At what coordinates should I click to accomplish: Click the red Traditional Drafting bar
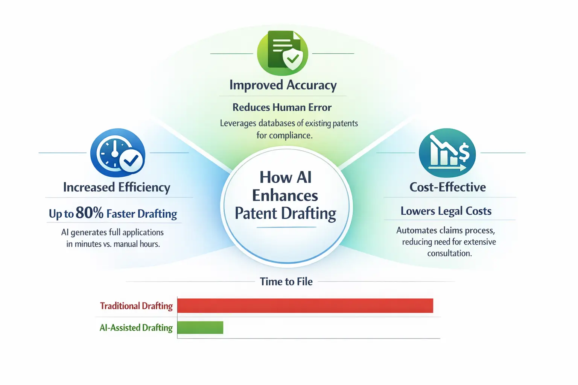coord(305,306)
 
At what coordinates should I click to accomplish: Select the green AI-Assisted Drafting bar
coord(200,327)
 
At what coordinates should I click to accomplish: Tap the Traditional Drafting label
coord(136,306)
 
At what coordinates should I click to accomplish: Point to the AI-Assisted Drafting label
coord(136,328)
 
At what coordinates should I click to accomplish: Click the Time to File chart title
coord(286,282)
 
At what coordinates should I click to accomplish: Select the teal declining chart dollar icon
coord(447,153)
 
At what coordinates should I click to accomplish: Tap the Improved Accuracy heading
coord(283,85)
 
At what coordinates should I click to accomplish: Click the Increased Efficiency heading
coord(117,187)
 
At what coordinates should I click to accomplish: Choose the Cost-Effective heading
coord(447,187)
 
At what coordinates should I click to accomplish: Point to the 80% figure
coord(90,213)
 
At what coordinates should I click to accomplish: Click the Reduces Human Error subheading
coord(282,108)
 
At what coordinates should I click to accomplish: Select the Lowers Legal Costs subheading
coord(446,211)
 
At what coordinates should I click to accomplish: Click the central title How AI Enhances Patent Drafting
coord(285,196)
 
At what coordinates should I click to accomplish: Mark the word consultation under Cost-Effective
coord(449,253)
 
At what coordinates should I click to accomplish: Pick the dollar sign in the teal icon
coord(464,152)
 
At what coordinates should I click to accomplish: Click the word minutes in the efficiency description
coord(88,244)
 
